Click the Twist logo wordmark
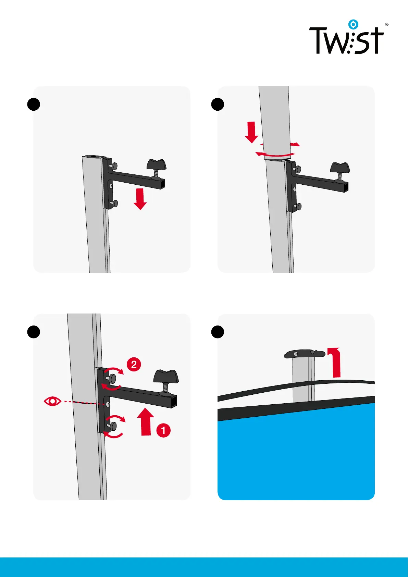pyautogui.click(x=346, y=40)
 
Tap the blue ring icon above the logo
pyautogui.click(x=353, y=24)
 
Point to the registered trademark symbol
pyautogui.click(x=387, y=24)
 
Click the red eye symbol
pyautogui.click(x=52, y=401)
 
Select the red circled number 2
pyautogui.click(x=134, y=365)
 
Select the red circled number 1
pyautogui.click(x=163, y=430)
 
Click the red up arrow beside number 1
pyautogui.click(x=146, y=422)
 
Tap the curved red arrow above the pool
pyautogui.click(x=335, y=362)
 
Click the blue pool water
pyautogui.click(x=296, y=453)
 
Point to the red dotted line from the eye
pyautogui.click(x=83, y=403)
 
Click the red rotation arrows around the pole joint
pyautogui.click(x=278, y=149)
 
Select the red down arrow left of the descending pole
pyautogui.click(x=251, y=132)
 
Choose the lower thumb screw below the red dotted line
pyautogui.click(x=113, y=426)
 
